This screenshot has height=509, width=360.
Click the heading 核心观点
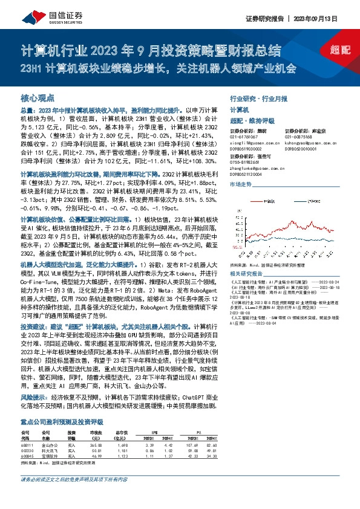tap(38, 97)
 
